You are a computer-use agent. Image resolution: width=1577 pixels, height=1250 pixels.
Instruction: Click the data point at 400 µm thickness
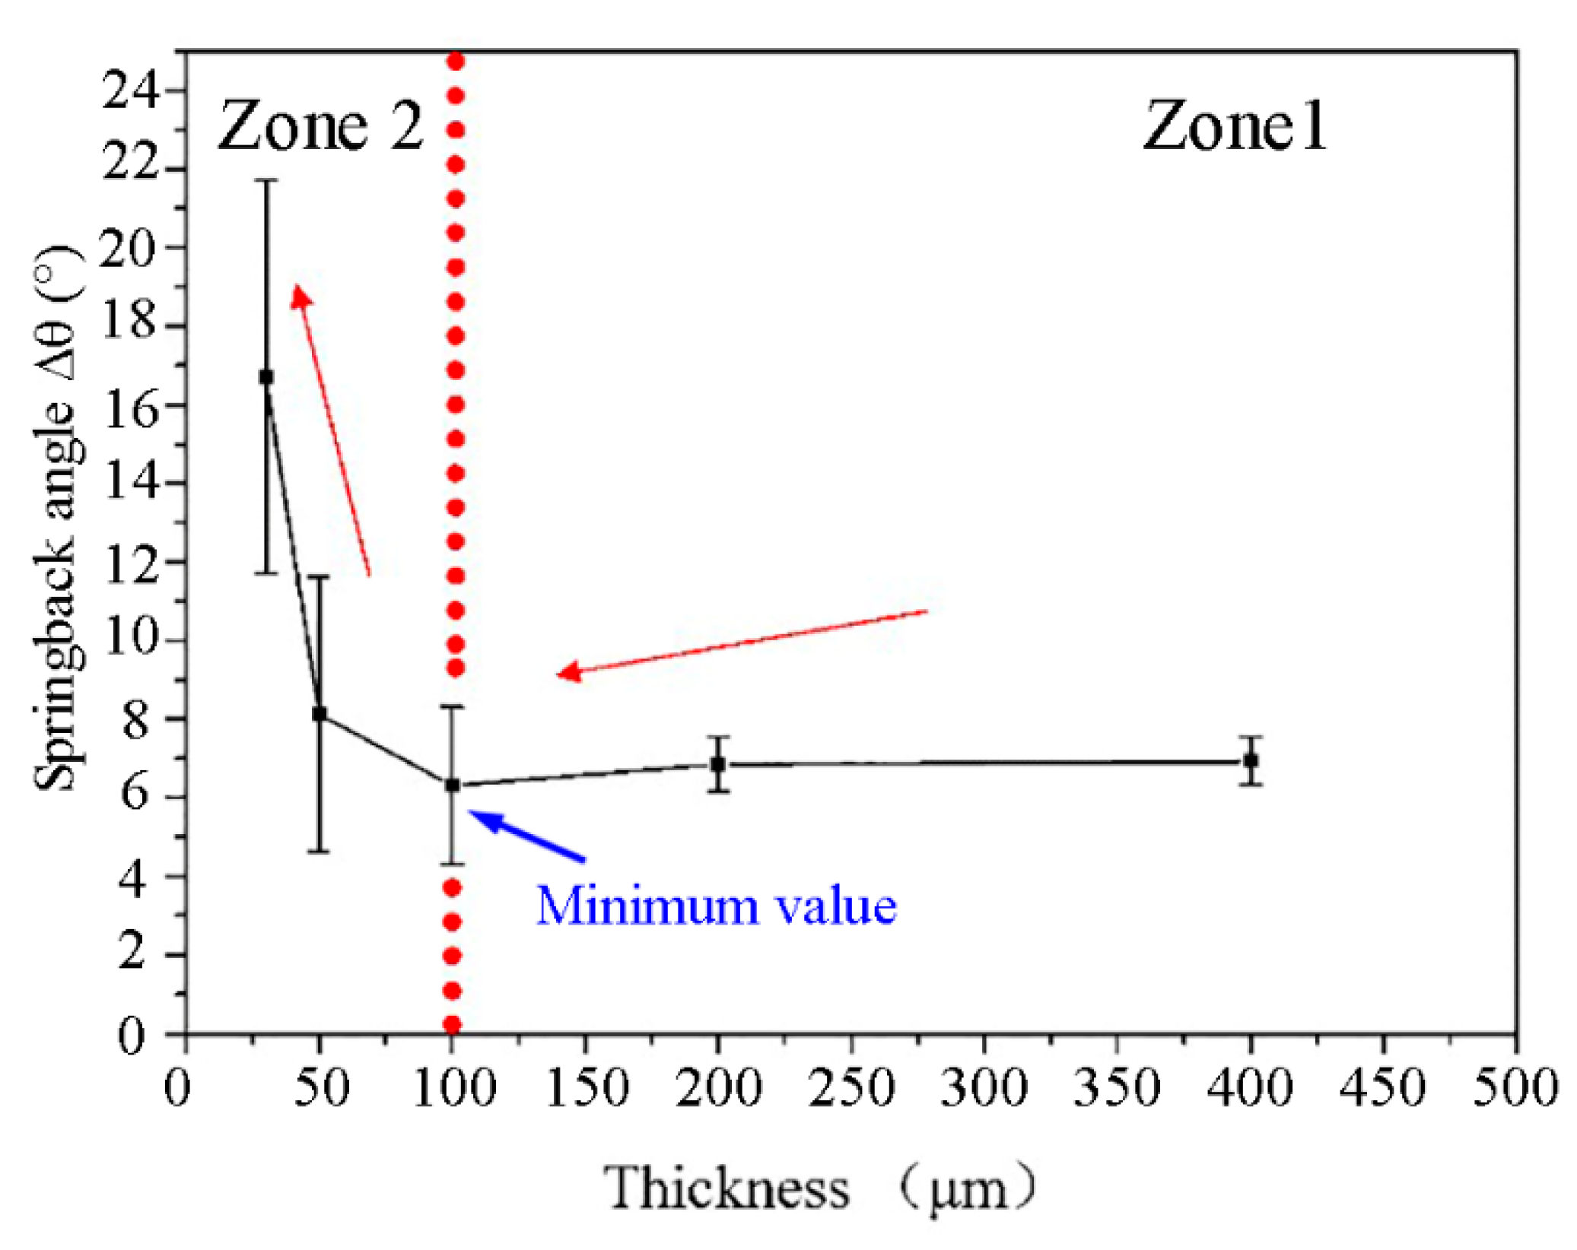point(1250,760)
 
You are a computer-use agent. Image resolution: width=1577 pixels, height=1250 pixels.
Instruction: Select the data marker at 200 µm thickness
point(717,764)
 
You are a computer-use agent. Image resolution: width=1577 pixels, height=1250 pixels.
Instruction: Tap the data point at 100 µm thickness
point(452,785)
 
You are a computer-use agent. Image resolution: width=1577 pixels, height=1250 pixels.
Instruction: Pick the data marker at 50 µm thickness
point(320,713)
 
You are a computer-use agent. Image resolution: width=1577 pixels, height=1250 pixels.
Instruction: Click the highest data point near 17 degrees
point(266,376)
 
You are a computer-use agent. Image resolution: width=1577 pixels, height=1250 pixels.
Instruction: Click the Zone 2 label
point(320,126)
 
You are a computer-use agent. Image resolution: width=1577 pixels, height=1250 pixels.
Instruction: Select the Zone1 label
point(1234,126)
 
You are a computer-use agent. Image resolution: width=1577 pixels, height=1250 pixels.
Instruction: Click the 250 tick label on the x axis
point(850,1087)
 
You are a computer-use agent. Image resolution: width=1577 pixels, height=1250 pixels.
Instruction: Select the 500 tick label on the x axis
point(1515,1087)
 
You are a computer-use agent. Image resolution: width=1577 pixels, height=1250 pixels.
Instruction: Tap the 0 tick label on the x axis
point(178,1087)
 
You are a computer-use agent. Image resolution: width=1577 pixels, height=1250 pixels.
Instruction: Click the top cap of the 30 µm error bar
point(266,181)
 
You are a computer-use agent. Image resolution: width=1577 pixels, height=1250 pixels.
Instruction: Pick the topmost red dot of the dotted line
point(456,61)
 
